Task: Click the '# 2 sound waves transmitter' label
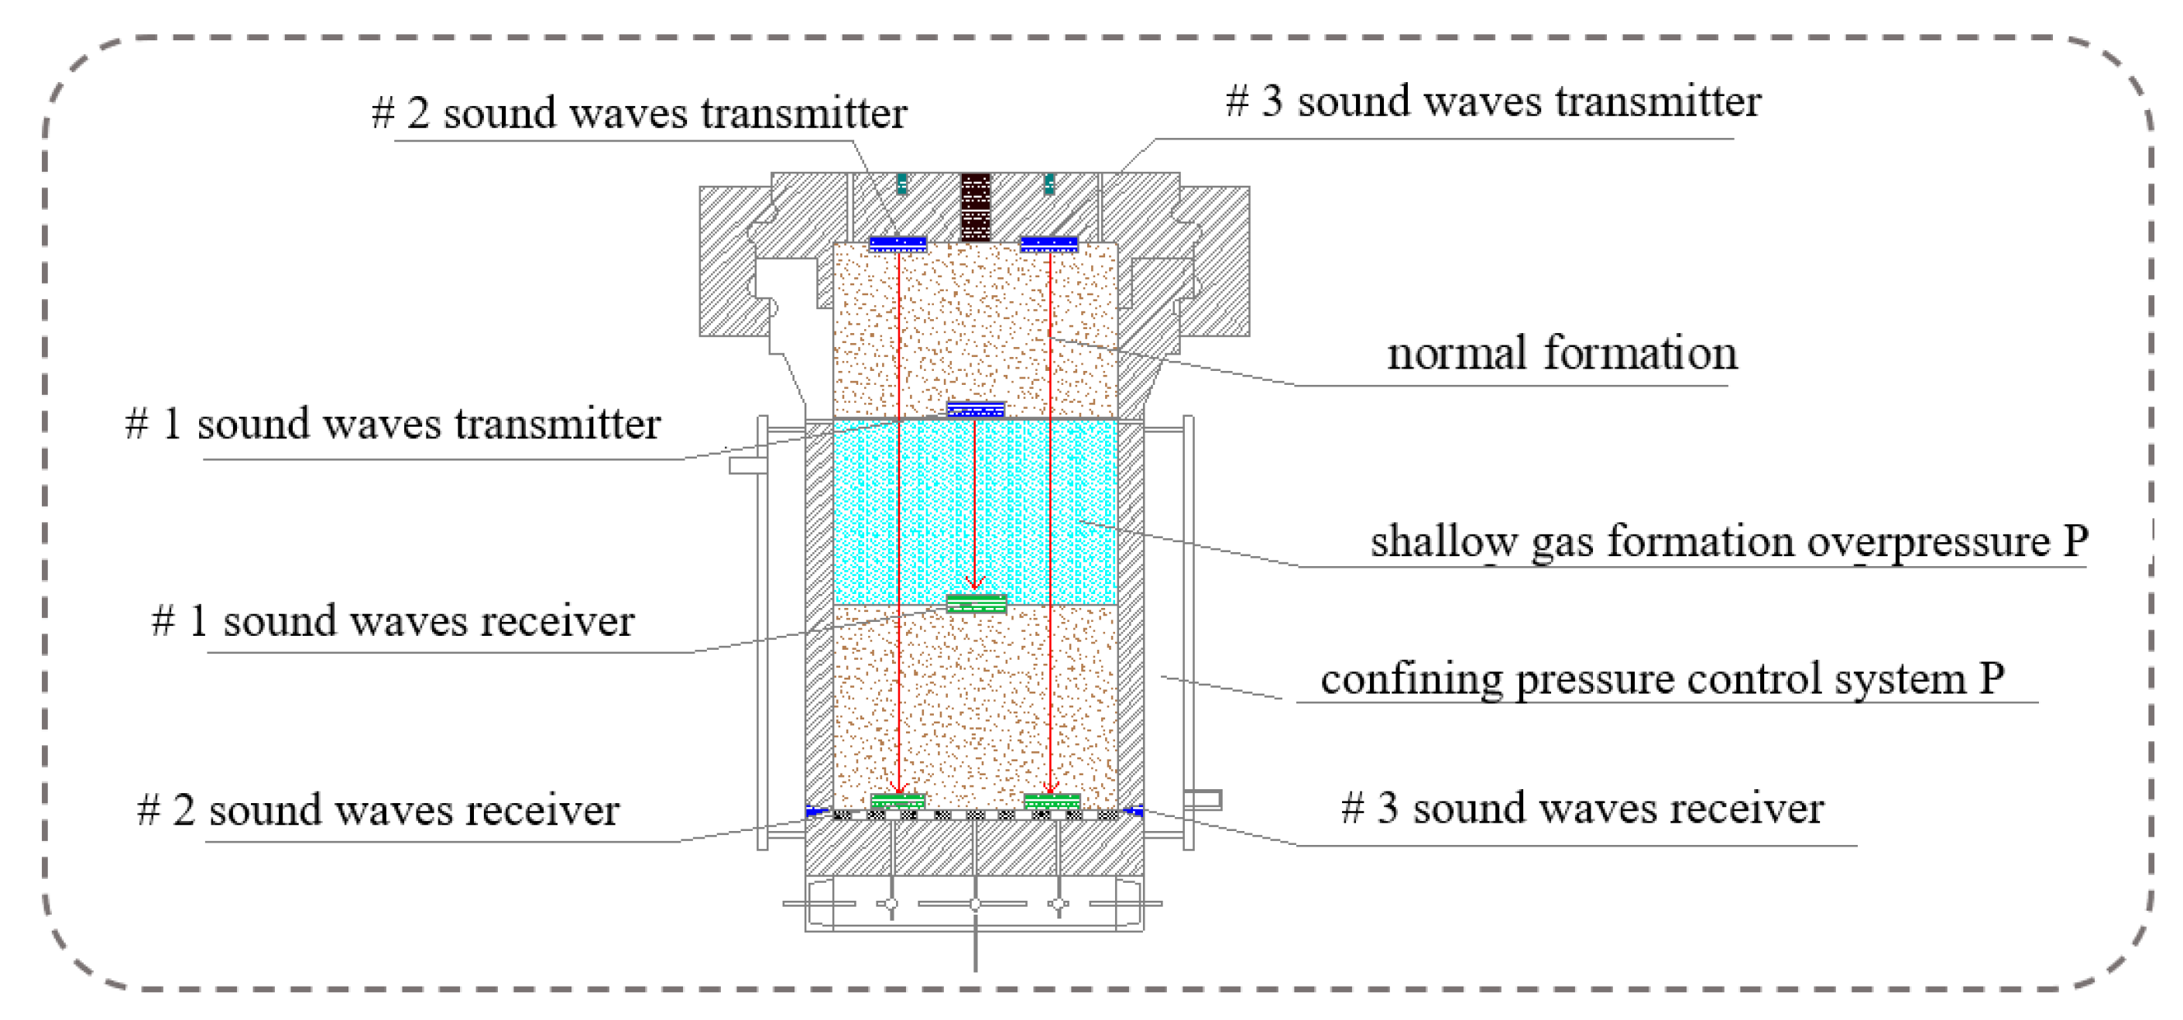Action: [x=640, y=114]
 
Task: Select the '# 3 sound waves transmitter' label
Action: [x=1493, y=101]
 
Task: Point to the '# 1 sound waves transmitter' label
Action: [x=393, y=424]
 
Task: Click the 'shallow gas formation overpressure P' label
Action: [x=1728, y=541]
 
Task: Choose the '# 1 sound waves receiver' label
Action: [x=393, y=620]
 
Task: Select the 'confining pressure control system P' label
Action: [x=1662, y=678]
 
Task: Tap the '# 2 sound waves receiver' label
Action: [x=378, y=809]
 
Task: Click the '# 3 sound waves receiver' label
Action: [x=1582, y=807]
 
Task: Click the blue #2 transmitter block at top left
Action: [x=898, y=244]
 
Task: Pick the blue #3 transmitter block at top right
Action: [x=1049, y=244]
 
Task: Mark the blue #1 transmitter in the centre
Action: [x=976, y=410]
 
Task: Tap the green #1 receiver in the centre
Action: [x=977, y=603]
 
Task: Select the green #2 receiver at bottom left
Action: [x=898, y=800]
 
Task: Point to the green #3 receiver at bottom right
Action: [x=1052, y=800]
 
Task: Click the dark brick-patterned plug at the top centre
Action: [x=976, y=207]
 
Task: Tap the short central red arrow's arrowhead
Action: [x=976, y=584]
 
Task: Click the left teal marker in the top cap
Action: [x=901, y=182]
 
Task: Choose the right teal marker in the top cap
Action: [x=1049, y=182]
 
